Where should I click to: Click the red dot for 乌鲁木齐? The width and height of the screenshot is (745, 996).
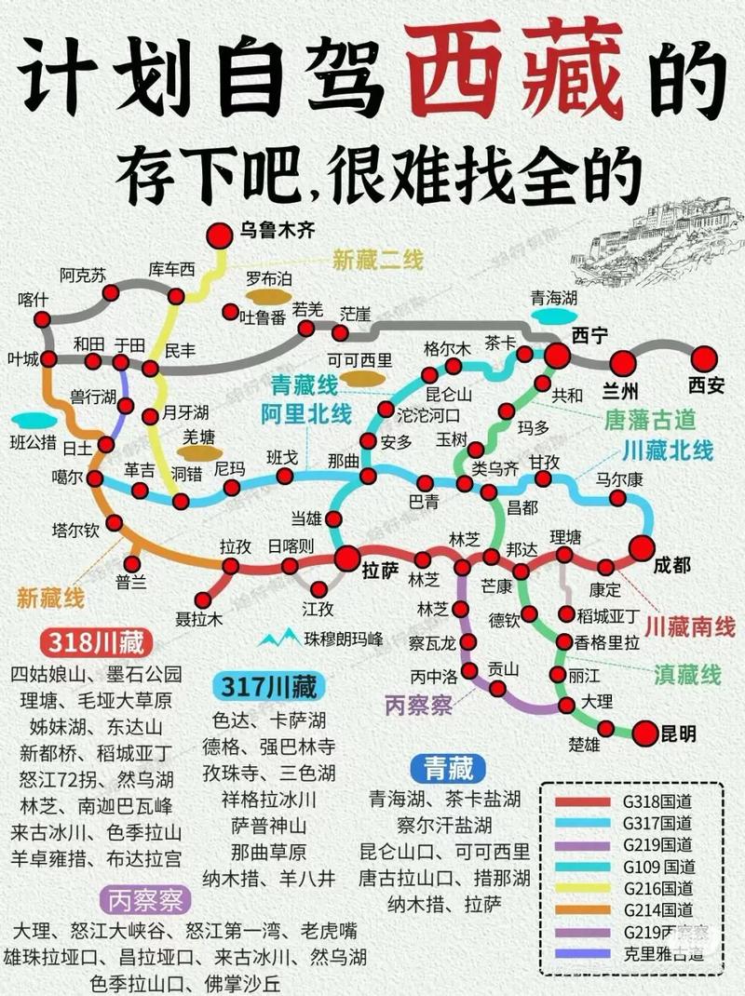point(220,236)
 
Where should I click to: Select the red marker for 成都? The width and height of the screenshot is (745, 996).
point(642,548)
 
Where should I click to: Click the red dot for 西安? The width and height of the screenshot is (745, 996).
point(705,357)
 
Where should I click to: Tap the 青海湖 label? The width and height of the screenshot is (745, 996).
point(554,298)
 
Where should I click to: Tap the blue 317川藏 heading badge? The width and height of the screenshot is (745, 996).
point(268,687)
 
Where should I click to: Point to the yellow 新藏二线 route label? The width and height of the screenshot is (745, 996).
point(378,261)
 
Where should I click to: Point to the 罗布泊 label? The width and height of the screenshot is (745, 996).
point(269,278)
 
